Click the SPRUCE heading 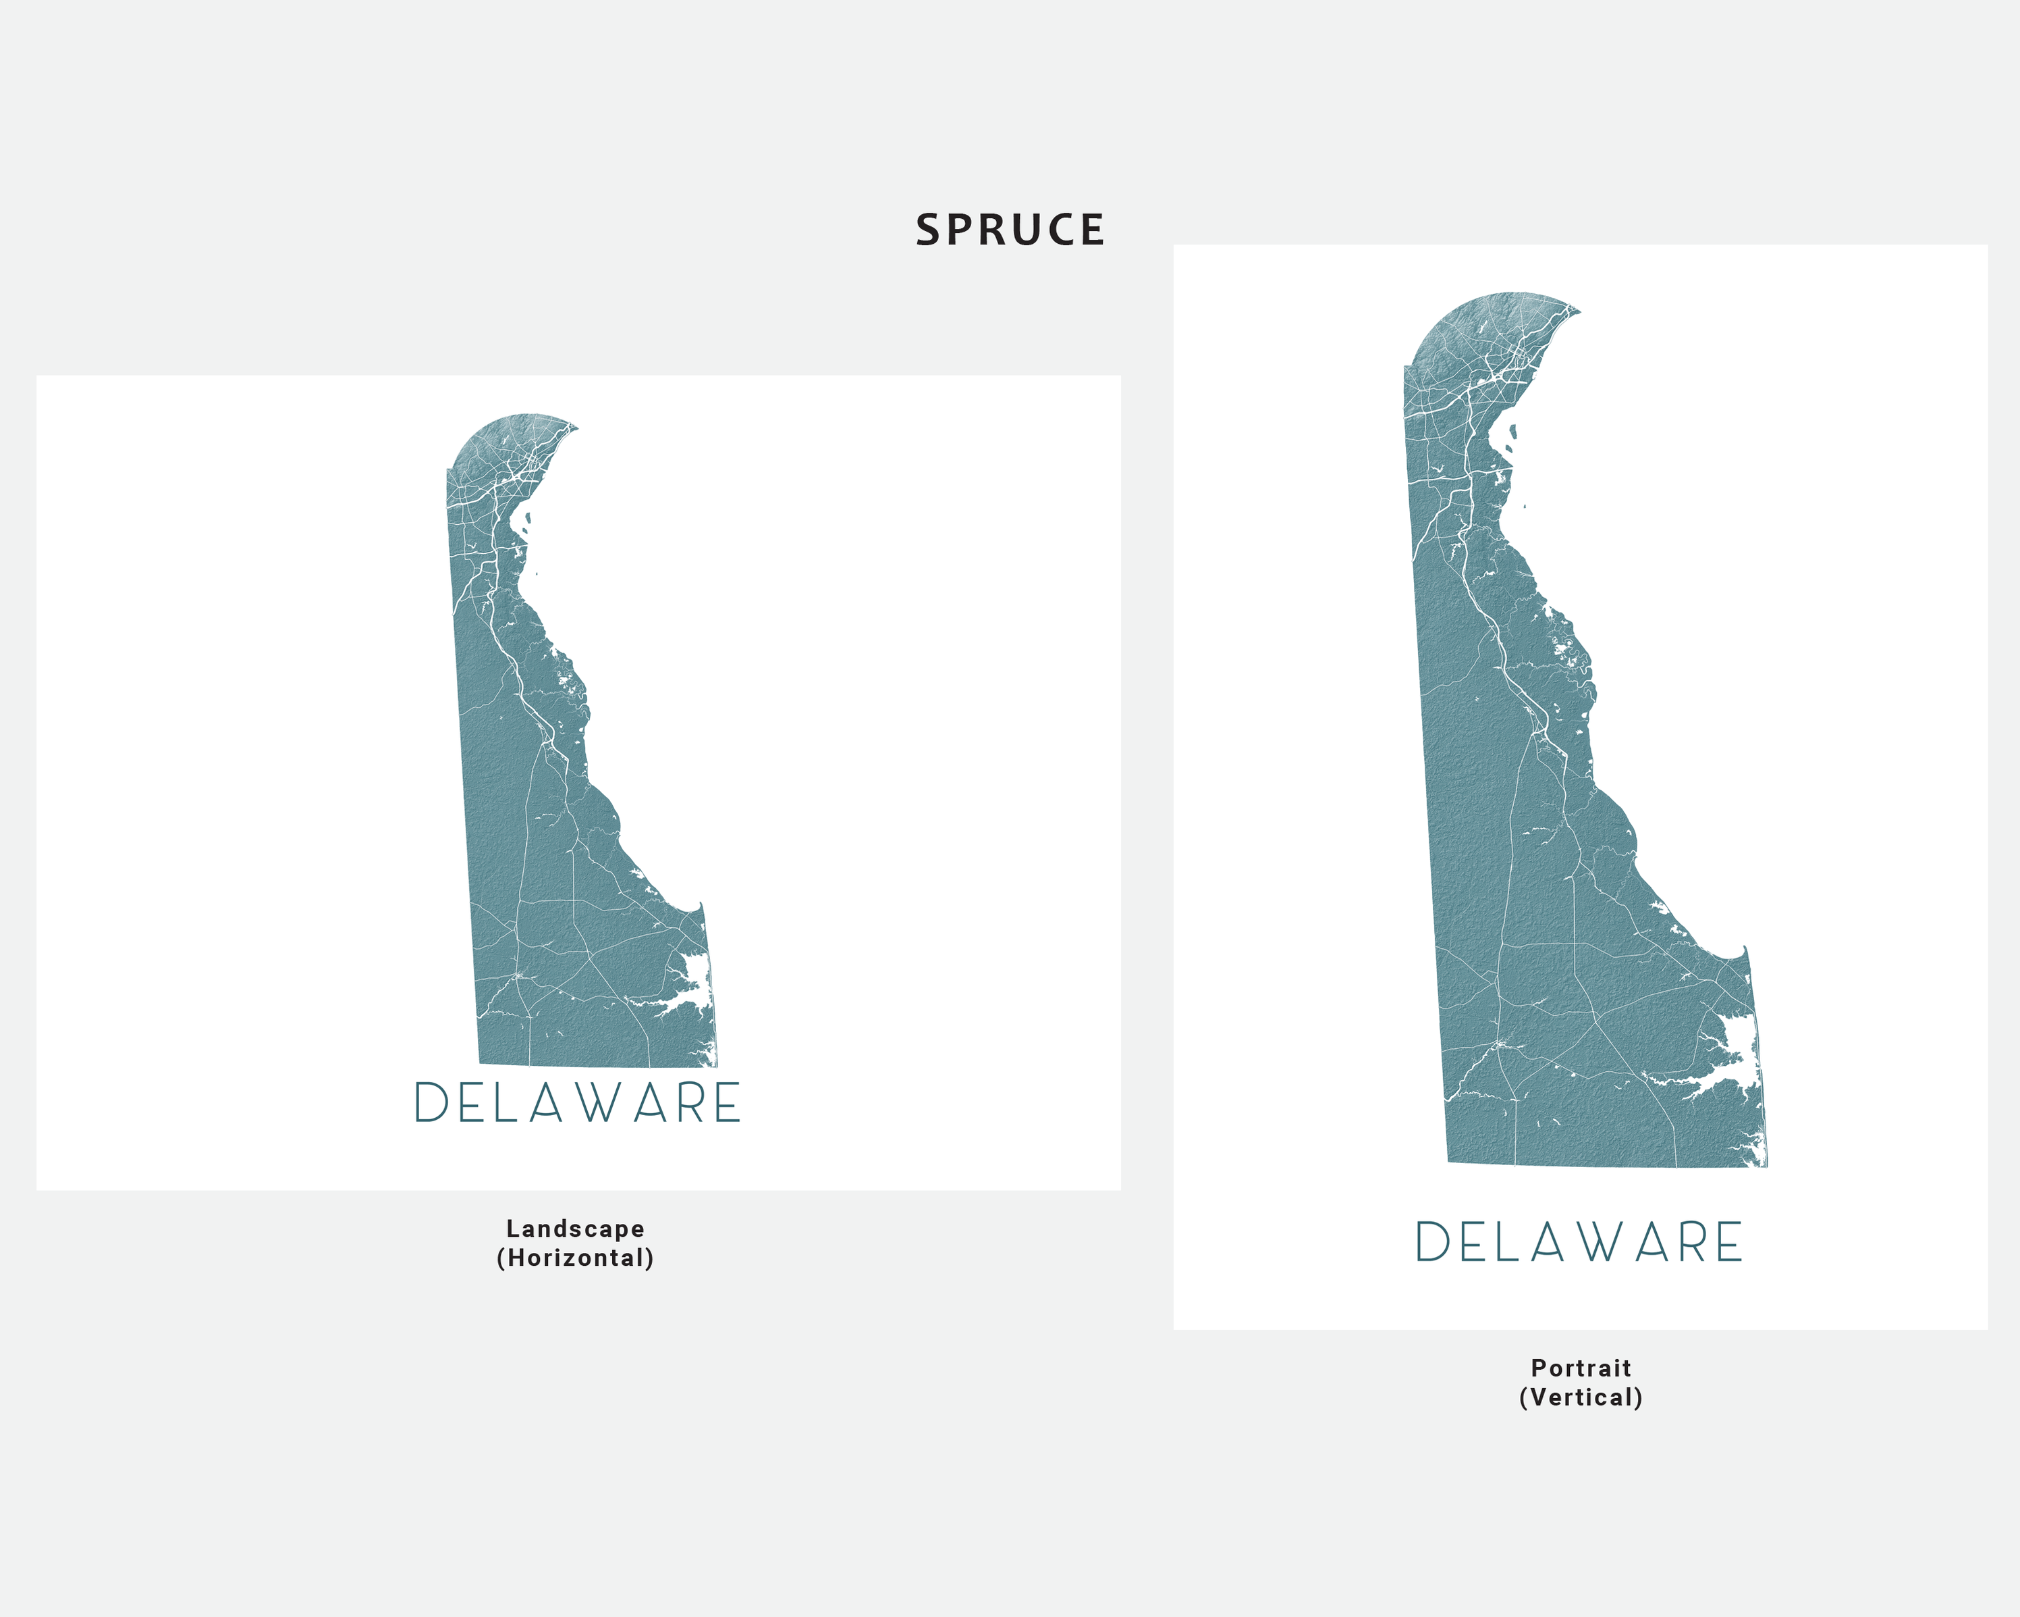pyautogui.click(x=1010, y=230)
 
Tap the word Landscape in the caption pyautogui.click(x=575, y=1228)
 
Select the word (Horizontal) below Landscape pyautogui.click(x=575, y=1258)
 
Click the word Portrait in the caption pyautogui.click(x=1581, y=1368)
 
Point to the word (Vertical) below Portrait pyautogui.click(x=1581, y=1397)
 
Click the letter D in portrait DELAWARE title pyautogui.click(x=1433, y=1242)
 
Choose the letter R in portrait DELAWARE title pyautogui.click(x=1694, y=1242)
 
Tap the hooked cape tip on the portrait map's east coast pyautogui.click(x=1745, y=950)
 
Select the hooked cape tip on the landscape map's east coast pyautogui.click(x=701, y=906)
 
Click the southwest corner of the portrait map pyautogui.click(x=1450, y=1162)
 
